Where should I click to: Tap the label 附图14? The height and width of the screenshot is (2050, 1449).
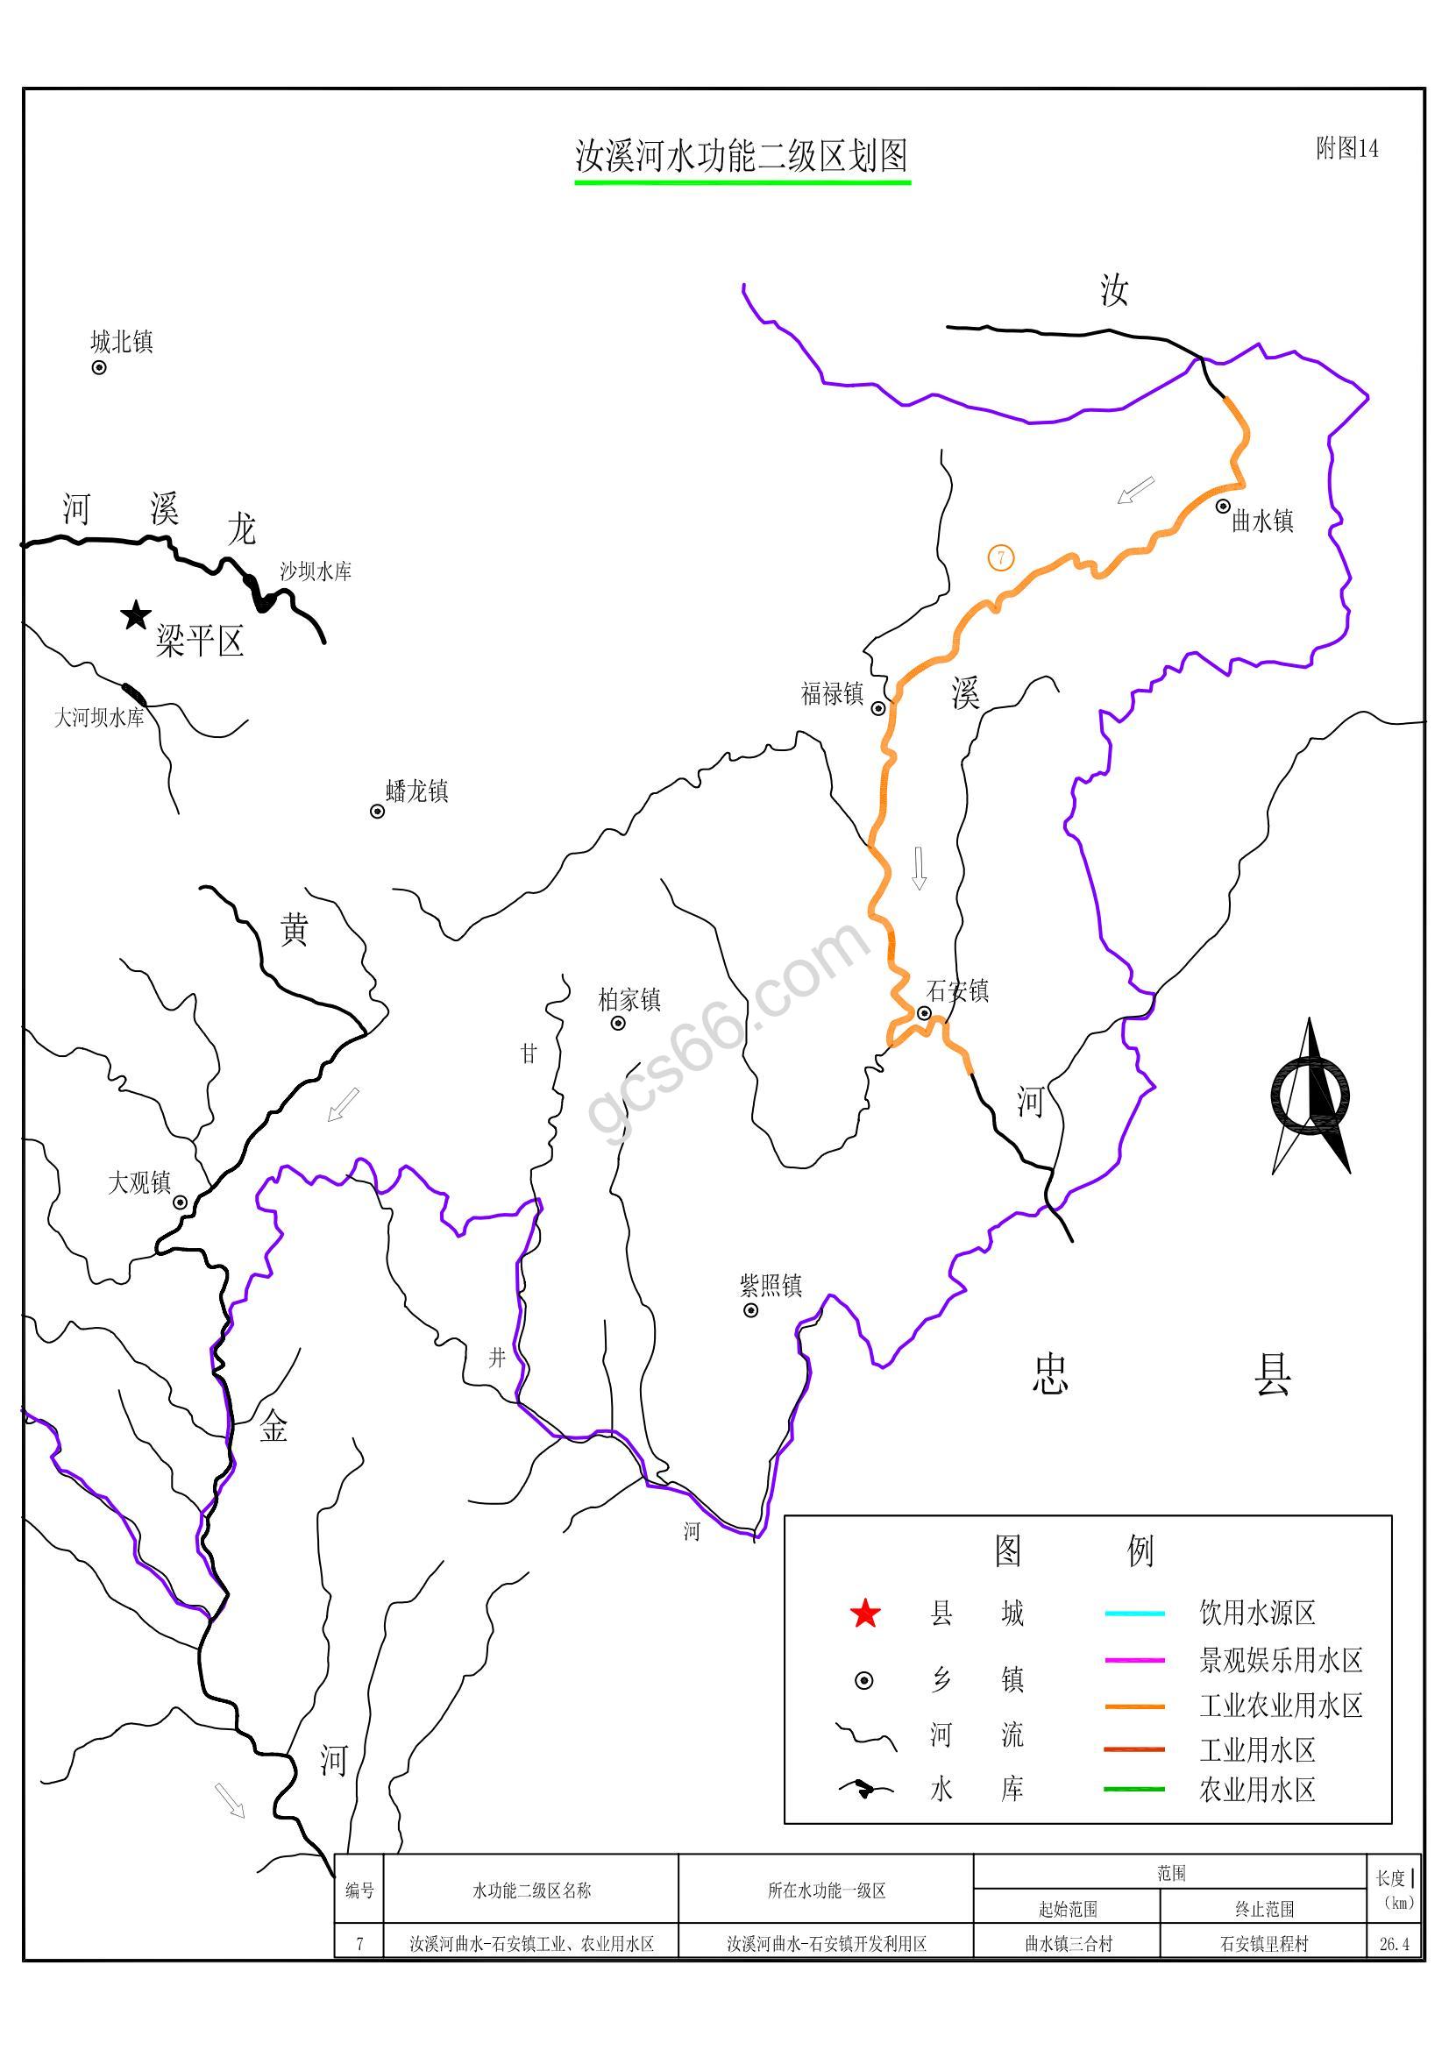(1346, 148)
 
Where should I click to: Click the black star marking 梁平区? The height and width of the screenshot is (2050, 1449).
(136, 614)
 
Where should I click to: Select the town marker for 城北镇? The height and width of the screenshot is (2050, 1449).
(99, 367)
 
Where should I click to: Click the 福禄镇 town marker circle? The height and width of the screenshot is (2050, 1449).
(878, 708)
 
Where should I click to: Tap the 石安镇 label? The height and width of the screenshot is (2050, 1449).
(957, 991)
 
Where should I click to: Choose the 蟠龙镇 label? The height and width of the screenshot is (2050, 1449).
(417, 791)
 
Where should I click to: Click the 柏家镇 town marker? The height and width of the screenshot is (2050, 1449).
(618, 1023)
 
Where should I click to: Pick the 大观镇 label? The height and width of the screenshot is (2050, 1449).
(139, 1183)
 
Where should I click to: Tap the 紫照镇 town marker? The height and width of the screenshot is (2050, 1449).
(751, 1309)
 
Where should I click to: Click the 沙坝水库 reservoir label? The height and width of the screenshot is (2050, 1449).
(316, 571)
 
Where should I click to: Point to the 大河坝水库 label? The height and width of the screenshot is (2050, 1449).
(99, 717)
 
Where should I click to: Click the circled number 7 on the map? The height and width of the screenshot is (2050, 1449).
(1001, 558)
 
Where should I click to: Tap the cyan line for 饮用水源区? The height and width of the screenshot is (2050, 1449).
(1133, 1614)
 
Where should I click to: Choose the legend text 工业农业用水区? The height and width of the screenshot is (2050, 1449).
(1281, 1706)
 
